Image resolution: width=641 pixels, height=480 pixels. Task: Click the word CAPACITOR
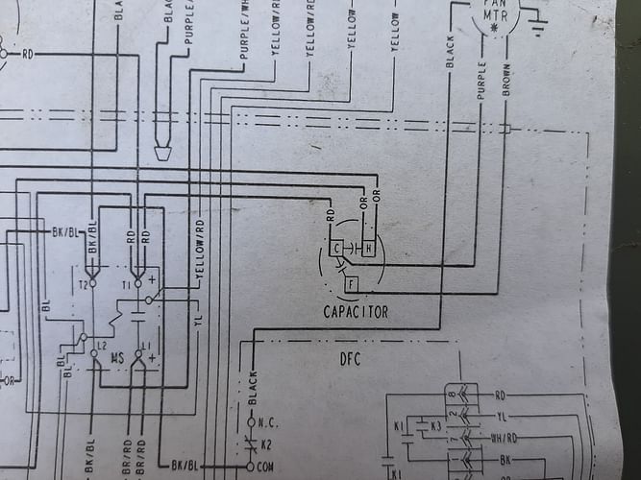pyautogui.click(x=356, y=312)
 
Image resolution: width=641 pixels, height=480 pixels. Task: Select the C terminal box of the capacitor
pyautogui.click(x=336, y=249)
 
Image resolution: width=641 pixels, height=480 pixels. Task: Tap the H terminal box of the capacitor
pyautogui.click(x=369, y=249)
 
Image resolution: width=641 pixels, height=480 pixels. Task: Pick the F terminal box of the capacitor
pyautogui.click(x=352, y=284)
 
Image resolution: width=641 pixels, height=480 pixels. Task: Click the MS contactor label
pyautogui.click(x=117, y=358)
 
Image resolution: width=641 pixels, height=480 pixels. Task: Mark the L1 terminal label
pyautogui.click(x=146, y=344)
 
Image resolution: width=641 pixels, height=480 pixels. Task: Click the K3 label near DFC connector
pyautogui.click(x=435, y=423)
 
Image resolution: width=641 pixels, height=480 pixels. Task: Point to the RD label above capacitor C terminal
pyautogui.click(x=330, y=220)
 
